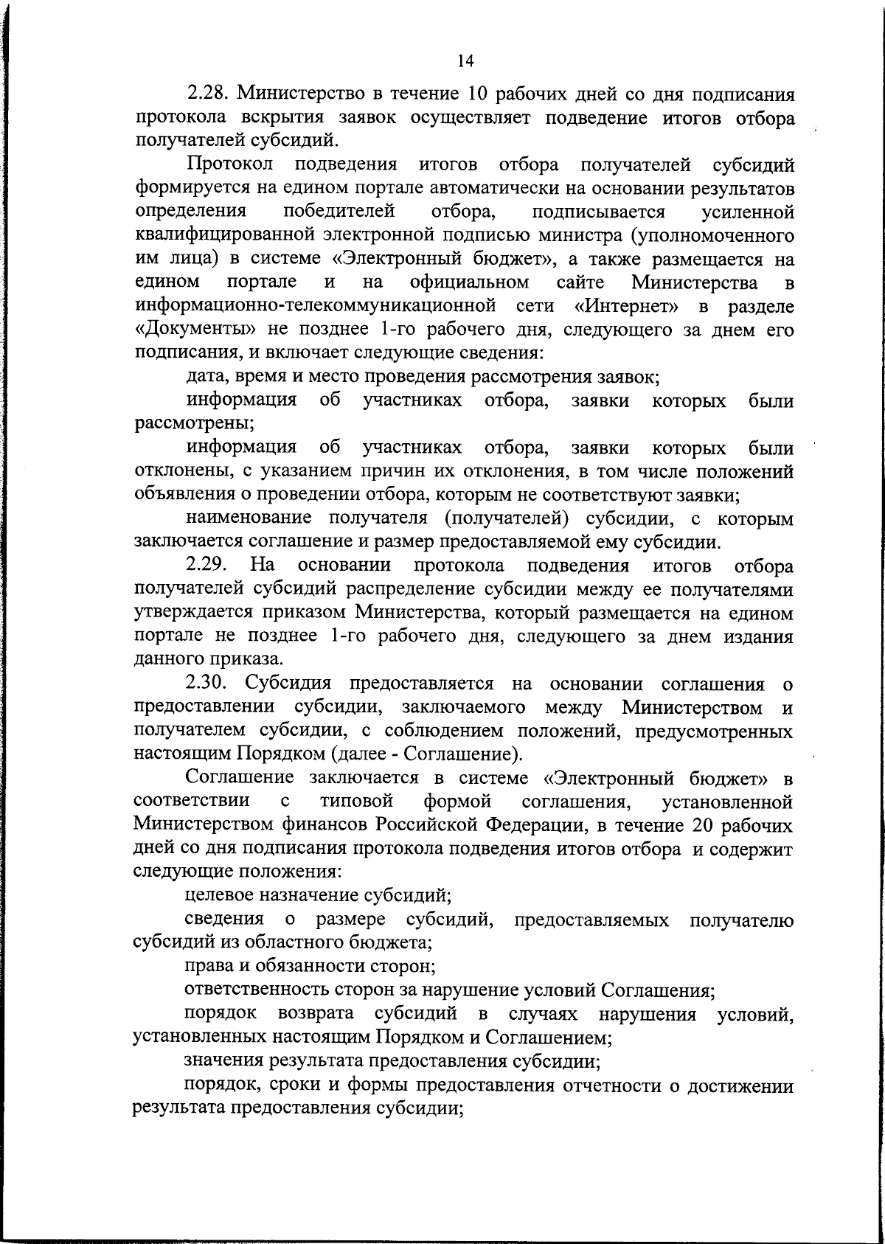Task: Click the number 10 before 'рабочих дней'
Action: [478, 95]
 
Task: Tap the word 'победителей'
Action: [339, 212]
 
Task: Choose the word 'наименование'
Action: [250, 519]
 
